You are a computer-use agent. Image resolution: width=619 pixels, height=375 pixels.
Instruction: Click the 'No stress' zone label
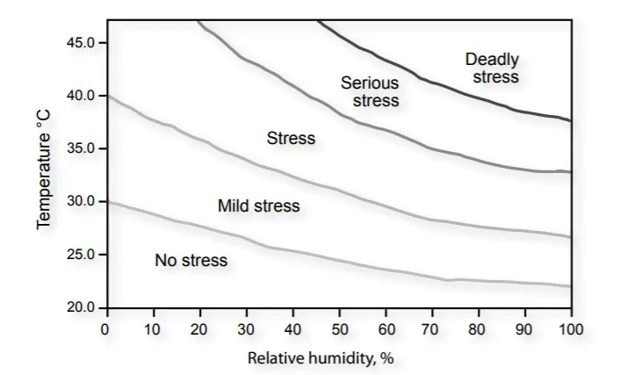(191, 261)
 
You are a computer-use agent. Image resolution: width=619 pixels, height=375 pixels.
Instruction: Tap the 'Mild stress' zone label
(258, 206)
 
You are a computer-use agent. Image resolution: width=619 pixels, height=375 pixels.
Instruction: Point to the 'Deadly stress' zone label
(493, 68)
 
